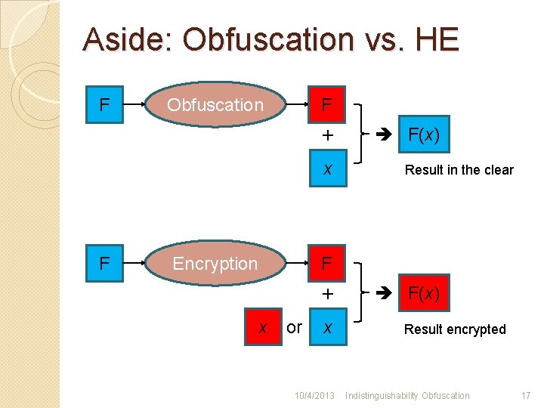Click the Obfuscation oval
point(215,105)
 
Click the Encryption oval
point(215,264)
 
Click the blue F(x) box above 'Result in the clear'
point(424,137)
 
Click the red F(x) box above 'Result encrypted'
point(424,293)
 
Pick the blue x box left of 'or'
point(262,327)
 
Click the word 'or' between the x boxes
point(295,327)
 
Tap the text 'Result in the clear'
point(459,170)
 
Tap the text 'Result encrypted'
point(455,329)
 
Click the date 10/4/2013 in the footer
point(314,396)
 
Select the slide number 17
point(526,396)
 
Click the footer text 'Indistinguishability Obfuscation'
point(408,396)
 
